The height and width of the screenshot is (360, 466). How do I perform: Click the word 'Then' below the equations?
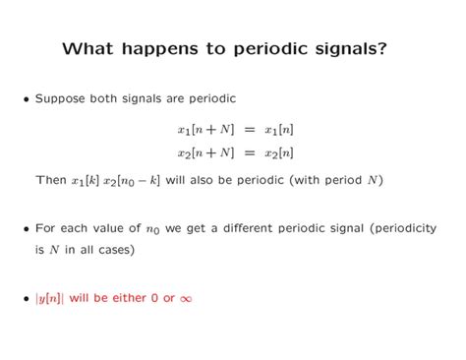tap(50, 180)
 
